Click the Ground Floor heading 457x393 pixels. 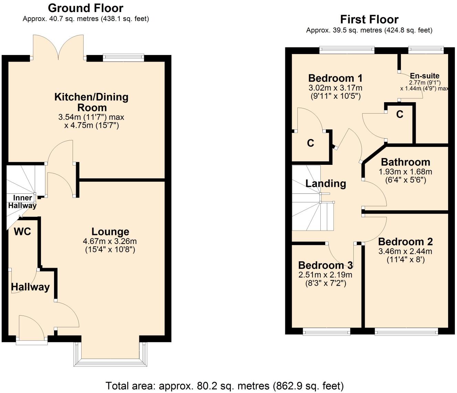click(x=85, y=8)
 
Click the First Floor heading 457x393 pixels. click(x=369, y=19)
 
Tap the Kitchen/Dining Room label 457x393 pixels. click(x=91, y=102)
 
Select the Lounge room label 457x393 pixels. click(x=110, y=232)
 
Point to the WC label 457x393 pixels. click(x=22, y=232)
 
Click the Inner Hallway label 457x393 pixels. click(x=22, y=202)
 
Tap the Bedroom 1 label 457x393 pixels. click(x=335, y=78)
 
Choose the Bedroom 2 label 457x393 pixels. click(x=405, y=242)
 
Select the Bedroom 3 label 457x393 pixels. click(x=325, y=265)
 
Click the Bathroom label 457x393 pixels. click(x=405, y=162)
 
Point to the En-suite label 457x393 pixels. click(x=424, y=76)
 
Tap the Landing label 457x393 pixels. click(x=326, y=183)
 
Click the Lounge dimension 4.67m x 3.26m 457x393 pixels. click(x=110, y=241)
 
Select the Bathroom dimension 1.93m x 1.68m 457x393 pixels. click(x=405, y=171)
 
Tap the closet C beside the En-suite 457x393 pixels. click(x=400, y=114)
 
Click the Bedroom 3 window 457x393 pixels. click(x=327, y=331)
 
